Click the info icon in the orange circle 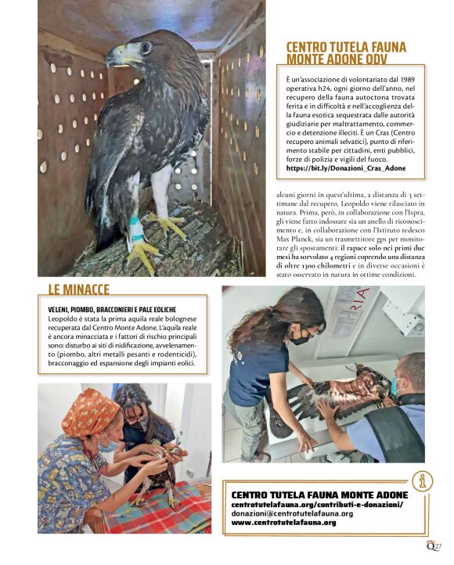tap(422, 480)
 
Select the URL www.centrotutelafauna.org tap(284, 523)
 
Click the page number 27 tap(438, 546)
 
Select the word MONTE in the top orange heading tap(306, 59)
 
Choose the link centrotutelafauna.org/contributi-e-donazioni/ tap(317, 505)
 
